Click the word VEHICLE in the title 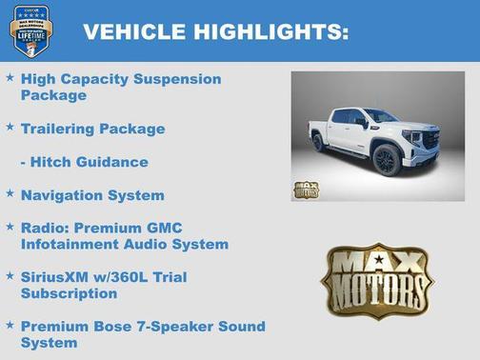click(128, 32)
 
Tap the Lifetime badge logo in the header click(31, 30)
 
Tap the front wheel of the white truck click(388, 159)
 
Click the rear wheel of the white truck click(318, 142)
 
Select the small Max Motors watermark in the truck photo click(306, 189)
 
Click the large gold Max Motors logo click(376, 280)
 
